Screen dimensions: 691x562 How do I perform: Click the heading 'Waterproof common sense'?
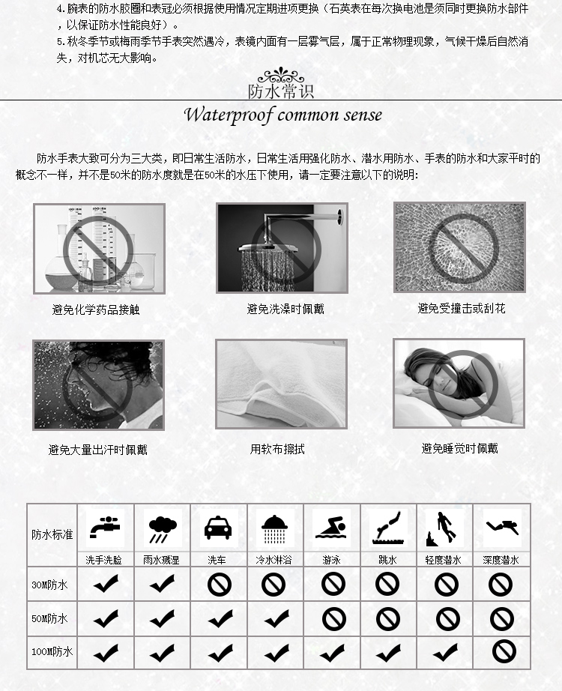click(x=282, y=115)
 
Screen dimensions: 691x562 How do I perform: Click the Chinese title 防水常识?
click(x=281, y=91)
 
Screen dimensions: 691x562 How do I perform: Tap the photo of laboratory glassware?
click(x=98, y=248)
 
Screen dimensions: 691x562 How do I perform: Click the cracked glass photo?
click(x=459, y=247)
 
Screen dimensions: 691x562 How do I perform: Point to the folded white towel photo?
click(x=281, y=384)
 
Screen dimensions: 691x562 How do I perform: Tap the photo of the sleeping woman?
click(x=459, y=383)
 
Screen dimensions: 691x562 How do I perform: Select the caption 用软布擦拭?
click(x=277, y=450)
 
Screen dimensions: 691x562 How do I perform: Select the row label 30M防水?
click(x=49, y=585)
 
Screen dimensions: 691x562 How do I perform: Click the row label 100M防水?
click(x=51, y=652)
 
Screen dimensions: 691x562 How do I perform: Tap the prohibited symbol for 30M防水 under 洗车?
click(x=219, y=585)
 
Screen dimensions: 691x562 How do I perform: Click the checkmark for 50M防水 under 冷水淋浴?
click(x=276, y=618)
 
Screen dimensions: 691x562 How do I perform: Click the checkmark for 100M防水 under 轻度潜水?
click(x=446, y=652)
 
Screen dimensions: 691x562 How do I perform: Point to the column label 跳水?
click(x=388, y=560)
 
